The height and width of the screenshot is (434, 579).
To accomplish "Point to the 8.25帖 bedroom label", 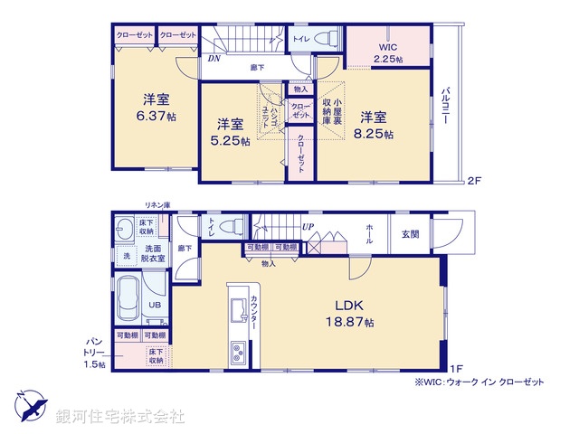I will click(x=375, y=134).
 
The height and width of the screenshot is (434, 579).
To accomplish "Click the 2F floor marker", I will click(x=473, y=181).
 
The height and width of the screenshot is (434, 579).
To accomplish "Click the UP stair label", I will click(x=308, y=226).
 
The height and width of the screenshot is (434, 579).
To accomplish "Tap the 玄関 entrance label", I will click(x=410, y=235).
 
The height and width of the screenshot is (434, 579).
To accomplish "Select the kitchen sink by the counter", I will click(x=240, y=310).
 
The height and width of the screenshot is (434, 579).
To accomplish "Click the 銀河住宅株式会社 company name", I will click(x=120, y=417).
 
